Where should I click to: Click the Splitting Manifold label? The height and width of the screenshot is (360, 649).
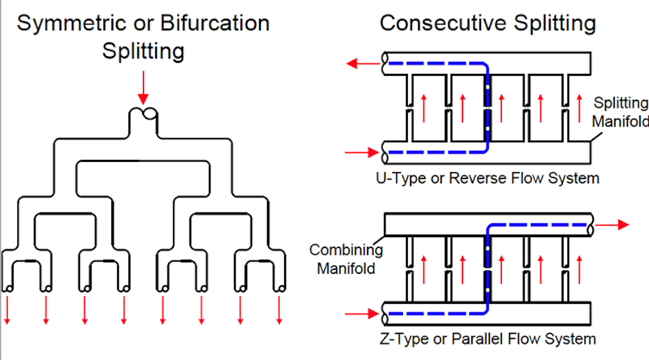tap(619, 112)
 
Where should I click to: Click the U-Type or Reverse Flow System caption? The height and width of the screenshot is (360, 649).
tap(488, 178)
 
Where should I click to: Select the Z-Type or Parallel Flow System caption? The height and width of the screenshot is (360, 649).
tap(486, 339)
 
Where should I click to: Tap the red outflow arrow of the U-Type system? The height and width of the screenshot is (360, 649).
tap(364, 64)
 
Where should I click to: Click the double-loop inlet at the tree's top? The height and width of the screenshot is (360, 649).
tap(143, 113)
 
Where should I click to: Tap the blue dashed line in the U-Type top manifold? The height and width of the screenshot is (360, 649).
tap(437, 65)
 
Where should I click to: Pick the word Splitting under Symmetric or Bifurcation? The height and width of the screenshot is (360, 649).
tap(143, 51)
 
